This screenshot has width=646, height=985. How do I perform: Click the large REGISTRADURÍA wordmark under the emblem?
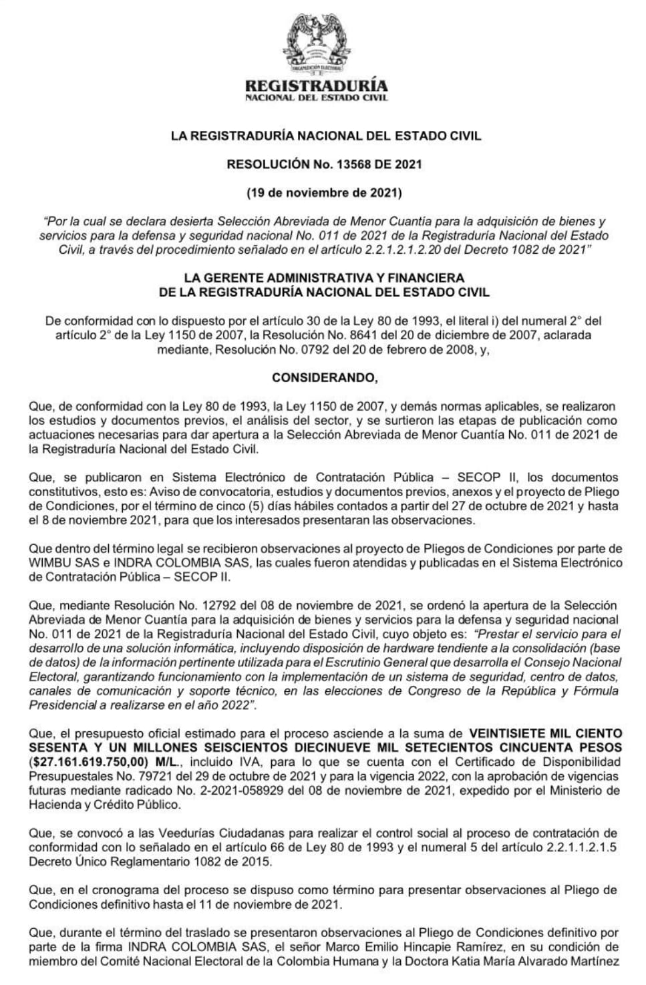pyautogui.click(x=316, y=85)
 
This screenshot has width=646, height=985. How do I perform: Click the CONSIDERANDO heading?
pyautogui.click(x=324, y=377)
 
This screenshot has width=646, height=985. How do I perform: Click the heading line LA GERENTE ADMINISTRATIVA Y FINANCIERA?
pyautogui.click(x=323, y=277)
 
